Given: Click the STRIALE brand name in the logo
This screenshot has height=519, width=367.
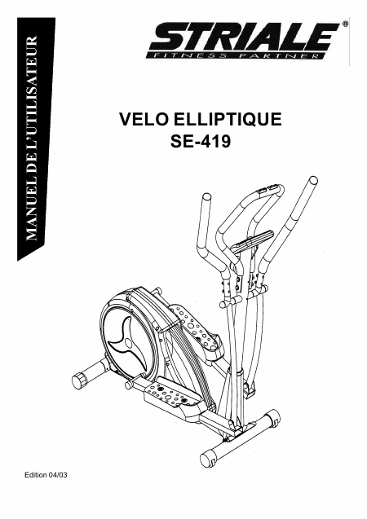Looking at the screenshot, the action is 245,37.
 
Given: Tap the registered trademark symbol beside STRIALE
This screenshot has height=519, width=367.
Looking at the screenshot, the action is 345,24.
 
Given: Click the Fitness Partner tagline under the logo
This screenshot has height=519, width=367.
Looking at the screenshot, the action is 234,55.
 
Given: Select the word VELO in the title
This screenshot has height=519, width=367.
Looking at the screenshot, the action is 144,120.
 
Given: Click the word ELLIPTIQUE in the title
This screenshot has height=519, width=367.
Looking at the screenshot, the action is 228,120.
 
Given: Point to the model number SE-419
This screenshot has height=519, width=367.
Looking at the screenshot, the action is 201,142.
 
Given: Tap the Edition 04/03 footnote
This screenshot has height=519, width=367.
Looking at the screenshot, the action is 46,475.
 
